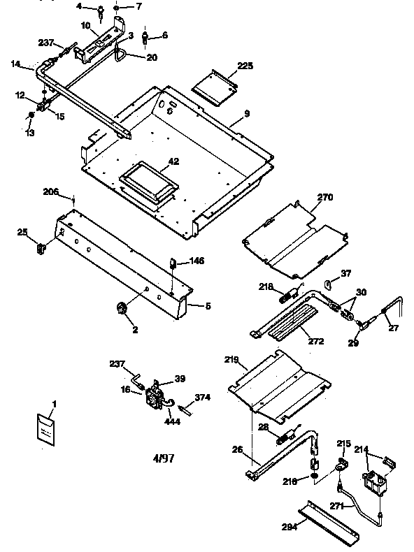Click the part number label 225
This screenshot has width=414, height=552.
point(245,66)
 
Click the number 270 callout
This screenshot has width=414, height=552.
point(325,198)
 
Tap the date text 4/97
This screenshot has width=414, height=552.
point(164,458)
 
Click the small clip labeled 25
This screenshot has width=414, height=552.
point(41,245)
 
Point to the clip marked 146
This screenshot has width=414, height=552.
point(172,264)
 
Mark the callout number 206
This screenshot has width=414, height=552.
point(51,191)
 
